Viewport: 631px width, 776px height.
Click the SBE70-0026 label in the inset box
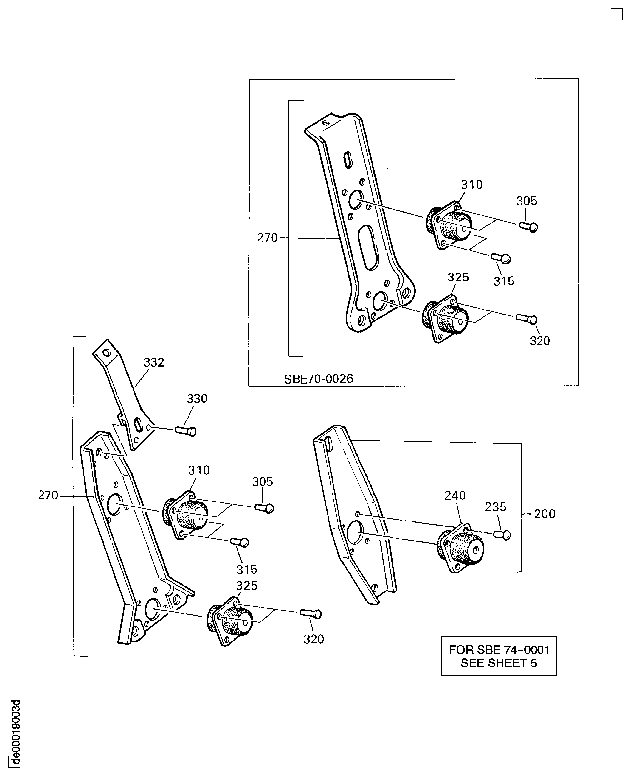click(x=318, y=379)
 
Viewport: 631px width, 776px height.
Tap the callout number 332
click(x=154, y=363)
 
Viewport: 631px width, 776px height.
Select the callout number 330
click(x=197, y=399)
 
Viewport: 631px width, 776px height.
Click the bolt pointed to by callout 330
click(x=186, y=431)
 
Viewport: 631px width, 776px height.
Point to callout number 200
click(x=545, y=514)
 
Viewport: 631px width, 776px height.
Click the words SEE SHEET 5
click(x=498, y=663)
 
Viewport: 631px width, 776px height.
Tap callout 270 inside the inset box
click(x=267, y=238)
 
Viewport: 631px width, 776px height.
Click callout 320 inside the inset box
click(x=539, y=341)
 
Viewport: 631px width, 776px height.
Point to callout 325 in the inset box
click(x=458, y=277)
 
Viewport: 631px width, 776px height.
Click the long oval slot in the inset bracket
click(x=368, y=247)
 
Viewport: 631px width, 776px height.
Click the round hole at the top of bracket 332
click(x=106, y=352)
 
